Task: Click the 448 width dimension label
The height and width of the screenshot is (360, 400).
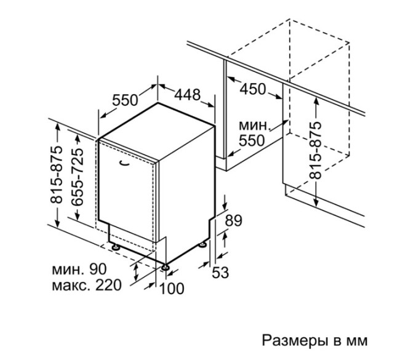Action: pos(186,94)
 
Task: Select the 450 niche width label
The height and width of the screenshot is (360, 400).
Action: pos(253,89)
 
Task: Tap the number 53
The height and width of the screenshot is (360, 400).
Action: pos(220,272)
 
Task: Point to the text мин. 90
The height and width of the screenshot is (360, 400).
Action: pos(79,269)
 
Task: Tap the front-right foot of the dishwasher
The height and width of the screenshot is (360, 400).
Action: pos(166,267)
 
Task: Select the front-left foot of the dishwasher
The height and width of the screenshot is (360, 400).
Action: pos(114,246)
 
